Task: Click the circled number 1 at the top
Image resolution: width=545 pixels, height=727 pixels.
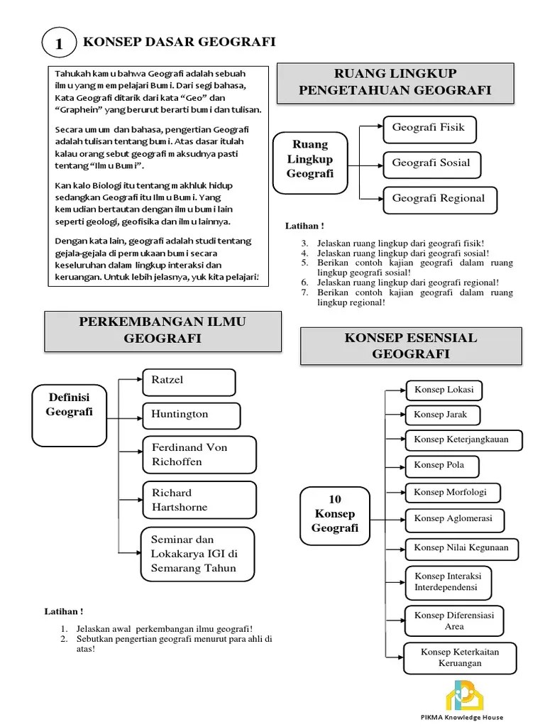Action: point(59,45)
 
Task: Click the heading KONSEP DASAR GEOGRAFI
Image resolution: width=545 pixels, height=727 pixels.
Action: point(180,43)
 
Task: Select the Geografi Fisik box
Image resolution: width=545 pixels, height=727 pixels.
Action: point(429,129)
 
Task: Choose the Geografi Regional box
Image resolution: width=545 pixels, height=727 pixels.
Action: point(439,199)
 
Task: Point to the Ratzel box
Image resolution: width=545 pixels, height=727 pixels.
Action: point(189,381)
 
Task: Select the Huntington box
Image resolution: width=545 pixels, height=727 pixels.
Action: point(190,415)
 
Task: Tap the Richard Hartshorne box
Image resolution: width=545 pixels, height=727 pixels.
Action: point(199,500)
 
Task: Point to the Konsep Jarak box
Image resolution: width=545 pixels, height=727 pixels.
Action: point(441,415)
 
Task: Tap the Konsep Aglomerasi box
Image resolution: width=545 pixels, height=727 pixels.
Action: point(453,518)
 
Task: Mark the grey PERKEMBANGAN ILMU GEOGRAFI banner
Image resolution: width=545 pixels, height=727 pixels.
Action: point(163,331)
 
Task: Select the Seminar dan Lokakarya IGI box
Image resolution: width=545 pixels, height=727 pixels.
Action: point(198,554)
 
